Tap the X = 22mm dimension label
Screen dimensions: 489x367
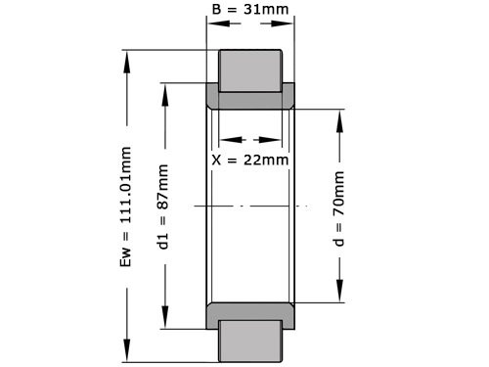click(x=250, y=159)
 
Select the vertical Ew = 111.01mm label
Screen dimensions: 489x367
click(x=125, y=206)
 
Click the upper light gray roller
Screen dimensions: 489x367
click(x=249, y=68)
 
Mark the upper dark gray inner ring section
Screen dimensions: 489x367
click(x=250, y=99)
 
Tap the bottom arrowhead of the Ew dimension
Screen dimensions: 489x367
click(x=126, y=357)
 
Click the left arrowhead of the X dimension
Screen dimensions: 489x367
click(x=222, y=139)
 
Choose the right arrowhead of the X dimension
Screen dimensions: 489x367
click(x=281, y=139)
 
